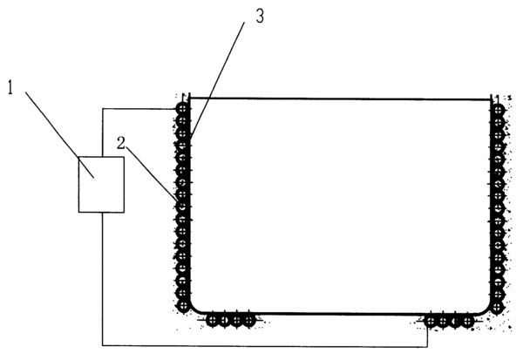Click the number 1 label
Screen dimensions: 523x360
tap(10, 87)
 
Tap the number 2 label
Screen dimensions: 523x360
tap(121, 143)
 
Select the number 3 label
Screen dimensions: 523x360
tap(260, 16)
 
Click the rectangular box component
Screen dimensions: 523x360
tap(101, 185)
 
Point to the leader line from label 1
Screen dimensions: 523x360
tap(59, 135)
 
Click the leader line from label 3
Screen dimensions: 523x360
tap(217, 79)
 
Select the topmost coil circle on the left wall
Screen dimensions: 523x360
tap(182, 108)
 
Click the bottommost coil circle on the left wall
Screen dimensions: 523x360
tap(183, 305)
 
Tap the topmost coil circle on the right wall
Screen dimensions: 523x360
tap(498, 110)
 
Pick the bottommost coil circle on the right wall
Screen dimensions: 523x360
tap(497, 307)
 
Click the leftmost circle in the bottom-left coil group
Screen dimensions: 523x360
tap(212, 321)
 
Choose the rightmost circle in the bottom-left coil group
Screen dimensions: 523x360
tap(248, 321)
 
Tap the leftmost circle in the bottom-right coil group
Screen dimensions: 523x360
tap(431, 322)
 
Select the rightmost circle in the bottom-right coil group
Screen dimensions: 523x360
tap(467, 322)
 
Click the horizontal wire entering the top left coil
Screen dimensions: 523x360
tap(139, 108)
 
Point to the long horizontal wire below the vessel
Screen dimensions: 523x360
tap(265, 346)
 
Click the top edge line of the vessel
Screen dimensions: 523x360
tap(340, 98)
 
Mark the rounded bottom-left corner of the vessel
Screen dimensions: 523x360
tap(195, 309)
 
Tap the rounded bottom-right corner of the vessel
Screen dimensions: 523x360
tap(486, 309)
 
